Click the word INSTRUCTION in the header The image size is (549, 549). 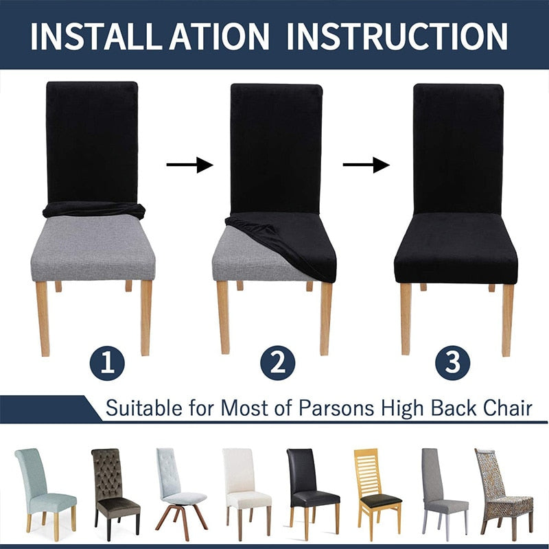tap(397, 36)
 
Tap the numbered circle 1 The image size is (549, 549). tap(107, 364)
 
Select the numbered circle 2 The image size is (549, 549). tap(278, 363)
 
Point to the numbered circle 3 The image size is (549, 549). tap(453, 363)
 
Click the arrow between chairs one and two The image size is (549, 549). tap(190, 165)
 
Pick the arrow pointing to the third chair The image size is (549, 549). tap(366, 165)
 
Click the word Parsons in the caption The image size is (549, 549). tap(336, 408)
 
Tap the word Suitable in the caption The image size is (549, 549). tap(144, 408)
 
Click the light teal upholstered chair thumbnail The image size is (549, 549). tap(45, 493)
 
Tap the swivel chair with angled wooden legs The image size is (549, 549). tap(180, 493)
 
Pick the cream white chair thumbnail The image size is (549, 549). tap(246, 494)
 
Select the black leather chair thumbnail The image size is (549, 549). tap(312, 494)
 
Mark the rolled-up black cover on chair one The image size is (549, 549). tap(94, 210)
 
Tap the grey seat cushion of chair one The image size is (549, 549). tap(93, 248)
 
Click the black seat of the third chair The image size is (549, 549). tap(456, 248)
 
